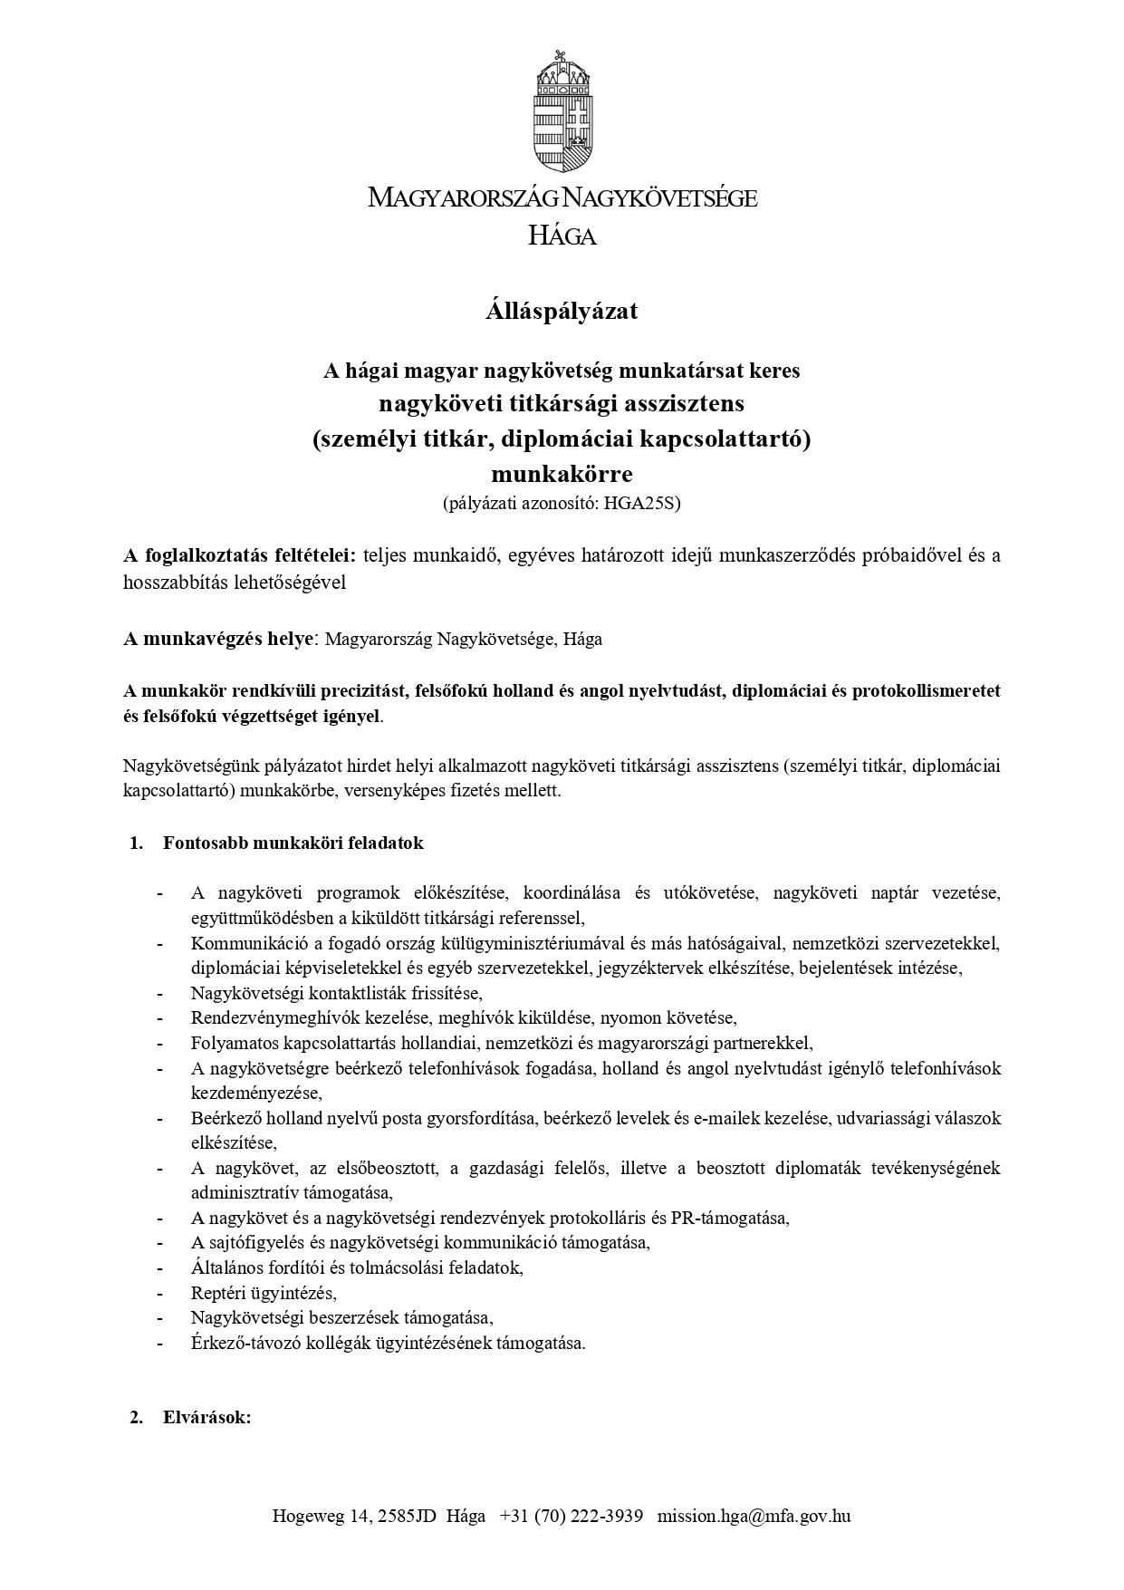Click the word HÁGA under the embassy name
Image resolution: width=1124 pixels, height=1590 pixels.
click(x=562, y=236)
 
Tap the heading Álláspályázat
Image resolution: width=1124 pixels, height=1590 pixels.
click(x=562, y=311)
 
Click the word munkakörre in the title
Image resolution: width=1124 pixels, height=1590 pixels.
click(x=562, y=474)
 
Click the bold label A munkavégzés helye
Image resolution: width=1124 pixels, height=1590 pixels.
click(x=218, y=639)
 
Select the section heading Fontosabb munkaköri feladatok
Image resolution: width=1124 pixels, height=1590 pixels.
click(x=293, y=843)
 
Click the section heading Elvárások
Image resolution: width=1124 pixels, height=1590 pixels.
click(x=207, y=1418)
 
